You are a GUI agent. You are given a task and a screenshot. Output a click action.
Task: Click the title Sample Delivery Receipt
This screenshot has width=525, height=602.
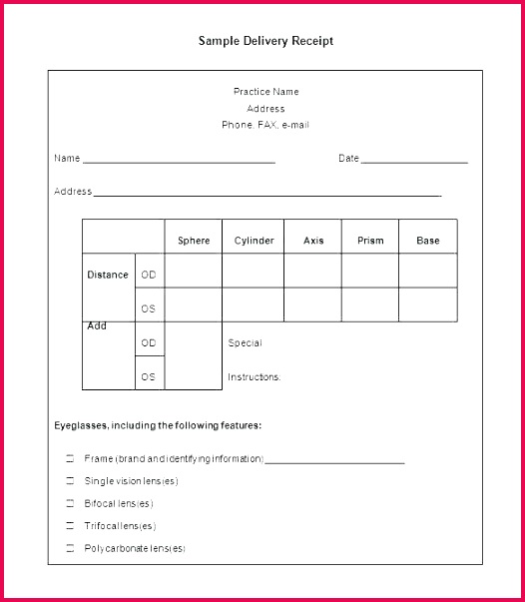coord(265,41)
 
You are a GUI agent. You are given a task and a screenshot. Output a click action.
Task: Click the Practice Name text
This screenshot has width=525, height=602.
coord(265,92)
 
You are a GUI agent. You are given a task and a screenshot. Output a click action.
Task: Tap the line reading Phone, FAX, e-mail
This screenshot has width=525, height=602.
coord(265,126)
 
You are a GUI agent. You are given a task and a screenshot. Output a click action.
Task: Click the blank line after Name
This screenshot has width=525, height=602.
coord(179,160)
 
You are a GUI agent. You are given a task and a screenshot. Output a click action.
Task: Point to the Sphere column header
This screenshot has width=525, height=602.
coord(194,241)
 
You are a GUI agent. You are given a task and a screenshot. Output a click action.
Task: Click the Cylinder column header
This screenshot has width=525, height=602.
coord(254,241)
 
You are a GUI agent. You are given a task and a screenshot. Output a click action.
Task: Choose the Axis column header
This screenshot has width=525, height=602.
coord(313,241)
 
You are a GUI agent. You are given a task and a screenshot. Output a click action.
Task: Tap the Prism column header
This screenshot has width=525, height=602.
coord(370,241)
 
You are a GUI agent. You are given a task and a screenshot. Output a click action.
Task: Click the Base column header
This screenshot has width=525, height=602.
coord(428,241)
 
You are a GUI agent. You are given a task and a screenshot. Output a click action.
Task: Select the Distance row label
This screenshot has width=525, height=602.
coord(108,275)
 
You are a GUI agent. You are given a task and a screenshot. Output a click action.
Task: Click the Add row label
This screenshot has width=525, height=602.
coord(97,326)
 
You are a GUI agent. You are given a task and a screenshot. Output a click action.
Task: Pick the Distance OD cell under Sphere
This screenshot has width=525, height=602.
coord(194,271)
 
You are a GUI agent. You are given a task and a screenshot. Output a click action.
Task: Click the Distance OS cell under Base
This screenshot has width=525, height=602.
coord(428,304)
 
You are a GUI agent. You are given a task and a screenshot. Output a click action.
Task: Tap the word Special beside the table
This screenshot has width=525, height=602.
coord(245,343)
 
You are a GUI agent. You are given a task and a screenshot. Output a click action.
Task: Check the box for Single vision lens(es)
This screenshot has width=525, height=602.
coord(70,481)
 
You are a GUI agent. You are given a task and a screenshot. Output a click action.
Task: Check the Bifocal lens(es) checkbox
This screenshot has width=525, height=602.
coord(70,503)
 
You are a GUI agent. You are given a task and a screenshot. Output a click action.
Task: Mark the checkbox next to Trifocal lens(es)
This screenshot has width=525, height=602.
coord(70,526)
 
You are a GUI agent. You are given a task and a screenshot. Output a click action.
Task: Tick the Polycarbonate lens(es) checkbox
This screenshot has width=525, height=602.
coord(70,548)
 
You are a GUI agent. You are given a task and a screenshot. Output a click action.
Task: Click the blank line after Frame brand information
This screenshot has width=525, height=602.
coord(334,461)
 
